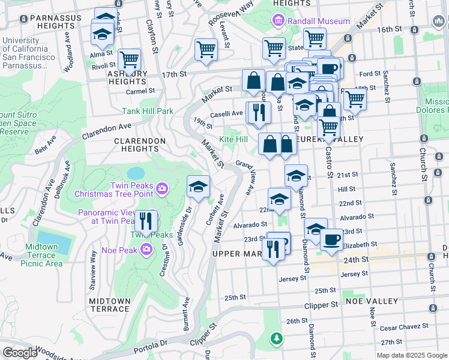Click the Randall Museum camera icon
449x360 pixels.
[278, 22]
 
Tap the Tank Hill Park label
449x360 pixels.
[148, 111]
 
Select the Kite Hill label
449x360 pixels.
[233, 139]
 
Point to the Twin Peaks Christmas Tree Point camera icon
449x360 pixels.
[161, 190]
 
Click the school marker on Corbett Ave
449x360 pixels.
[198, 187]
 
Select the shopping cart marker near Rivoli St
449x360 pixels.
[129, 60]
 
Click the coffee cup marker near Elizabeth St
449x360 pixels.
[331, 241]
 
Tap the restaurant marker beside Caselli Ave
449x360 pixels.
[259, 112]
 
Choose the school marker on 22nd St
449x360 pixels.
[279, 200]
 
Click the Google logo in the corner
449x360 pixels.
[20, 353]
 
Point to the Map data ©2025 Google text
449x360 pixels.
[411, 355]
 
